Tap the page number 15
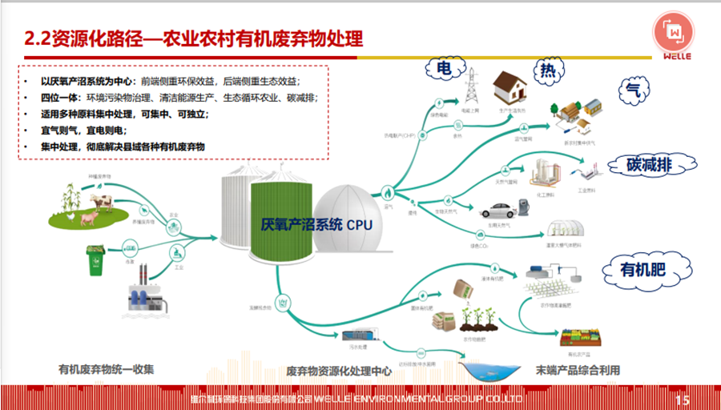click(x=682, y=398)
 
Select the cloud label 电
click(x=442, y=70)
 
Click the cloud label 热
click(x=547, y=73)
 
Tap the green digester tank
click(x=284, y=219)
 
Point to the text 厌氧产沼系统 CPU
click(x=316, y=225)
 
